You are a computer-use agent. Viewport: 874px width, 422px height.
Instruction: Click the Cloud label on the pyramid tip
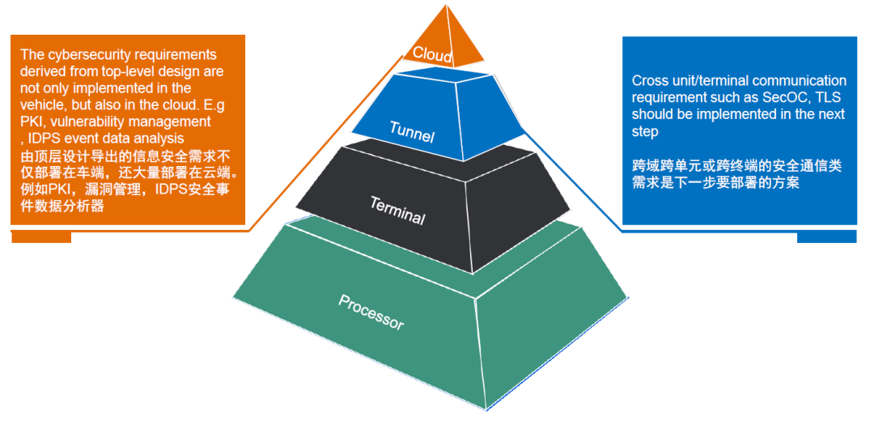432,53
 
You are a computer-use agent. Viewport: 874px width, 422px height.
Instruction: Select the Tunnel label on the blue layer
411,131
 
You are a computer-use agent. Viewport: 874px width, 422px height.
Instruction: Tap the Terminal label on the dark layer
397,210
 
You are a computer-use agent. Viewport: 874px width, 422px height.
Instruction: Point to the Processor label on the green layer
371,311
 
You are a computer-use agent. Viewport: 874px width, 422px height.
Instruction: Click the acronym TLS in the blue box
830,97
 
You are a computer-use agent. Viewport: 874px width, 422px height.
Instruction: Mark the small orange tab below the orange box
40,237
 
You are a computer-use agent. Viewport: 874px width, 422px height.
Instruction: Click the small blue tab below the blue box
826,237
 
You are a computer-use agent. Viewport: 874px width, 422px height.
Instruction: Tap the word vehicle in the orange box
40,105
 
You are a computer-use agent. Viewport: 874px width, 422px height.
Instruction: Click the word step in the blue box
645,131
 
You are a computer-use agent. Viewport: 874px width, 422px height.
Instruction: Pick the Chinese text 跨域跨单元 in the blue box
665,166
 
